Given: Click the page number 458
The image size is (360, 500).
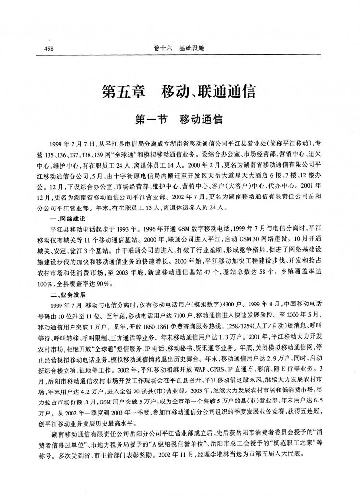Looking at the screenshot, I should click(48, 49).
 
